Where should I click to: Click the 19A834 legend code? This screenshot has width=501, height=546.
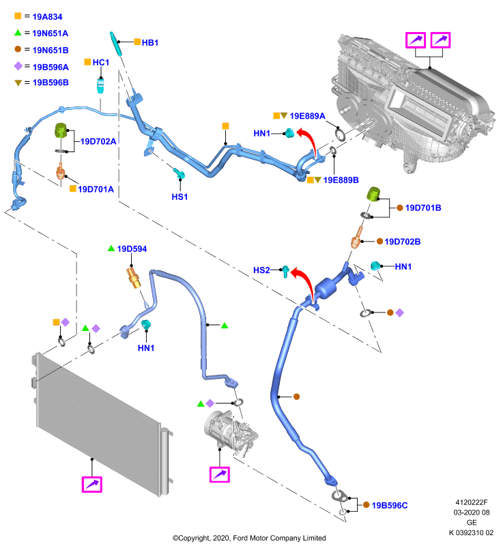tap(47, 16)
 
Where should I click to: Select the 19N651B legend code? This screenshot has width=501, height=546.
tap(51, 50)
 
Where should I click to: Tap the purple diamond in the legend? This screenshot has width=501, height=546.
tap(18, 66)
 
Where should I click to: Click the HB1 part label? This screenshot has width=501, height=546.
tap(150, 42)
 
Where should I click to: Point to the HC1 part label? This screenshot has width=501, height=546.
tap(101, 62)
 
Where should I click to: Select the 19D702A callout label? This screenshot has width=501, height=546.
tap(98, 141)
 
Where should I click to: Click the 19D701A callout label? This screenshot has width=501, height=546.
tap(96, 189)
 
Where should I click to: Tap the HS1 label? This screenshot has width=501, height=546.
tap(180, 197)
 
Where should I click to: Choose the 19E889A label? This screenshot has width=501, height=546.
tap(307, 116)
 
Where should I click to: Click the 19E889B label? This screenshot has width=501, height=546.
tap(341, 180)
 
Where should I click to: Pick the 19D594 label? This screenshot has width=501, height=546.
tap(132, 249)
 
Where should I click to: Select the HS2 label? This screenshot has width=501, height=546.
tap(261, 270)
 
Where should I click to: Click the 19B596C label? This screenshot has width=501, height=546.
tap(390, 505)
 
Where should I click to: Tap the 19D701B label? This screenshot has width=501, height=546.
tap(423, 208)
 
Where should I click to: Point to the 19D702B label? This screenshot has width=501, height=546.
tap(403, 242)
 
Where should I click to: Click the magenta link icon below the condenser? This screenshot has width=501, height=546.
tap(92, 485)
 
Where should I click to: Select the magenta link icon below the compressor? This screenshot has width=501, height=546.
tap(220, 474)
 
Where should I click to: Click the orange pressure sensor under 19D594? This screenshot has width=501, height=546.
tap(133, 277)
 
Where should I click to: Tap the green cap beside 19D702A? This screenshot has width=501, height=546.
tap(61, 130)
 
